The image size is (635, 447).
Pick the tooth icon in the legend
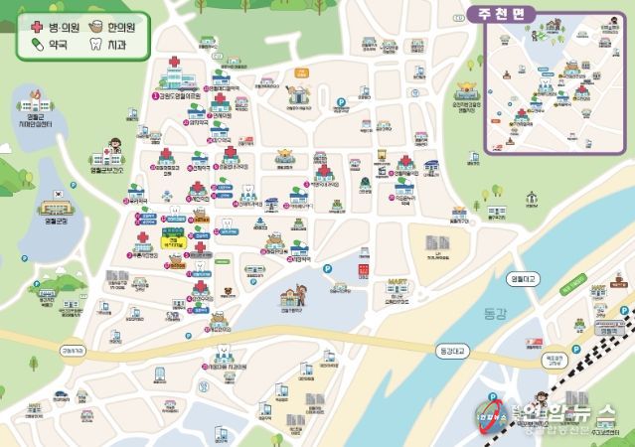[96, 45]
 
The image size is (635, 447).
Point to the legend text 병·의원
[66, 27]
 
